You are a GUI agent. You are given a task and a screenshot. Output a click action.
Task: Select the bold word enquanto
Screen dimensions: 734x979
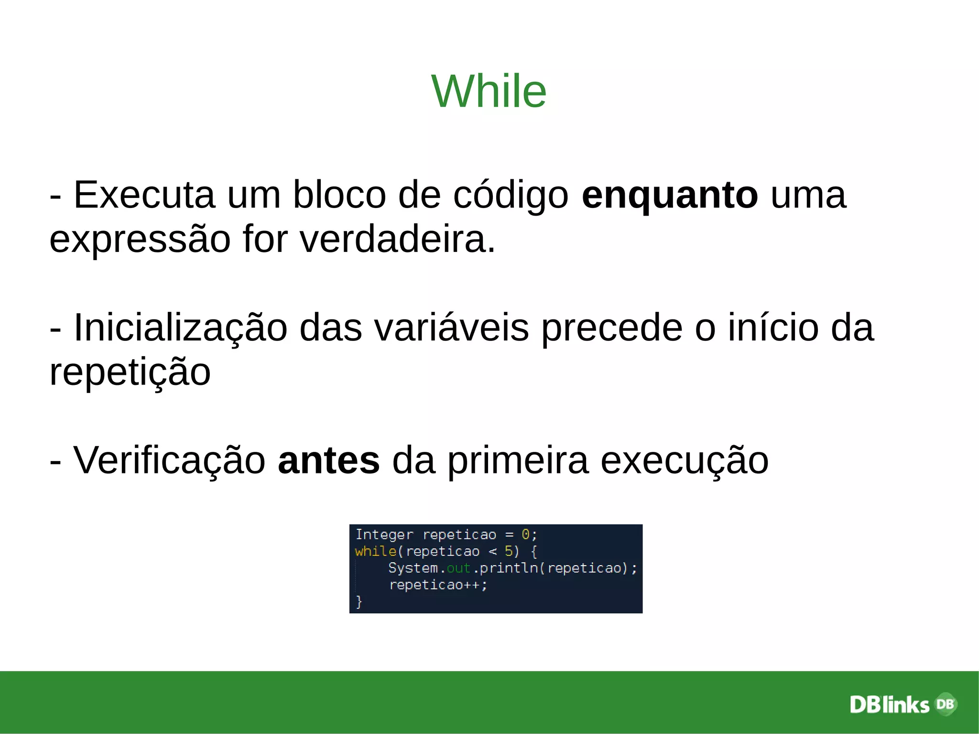tap(669, 196)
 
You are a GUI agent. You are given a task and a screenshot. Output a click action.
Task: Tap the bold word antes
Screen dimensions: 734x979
tap(328, 460)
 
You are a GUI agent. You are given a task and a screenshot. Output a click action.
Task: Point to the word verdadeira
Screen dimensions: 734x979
tap(397, 239)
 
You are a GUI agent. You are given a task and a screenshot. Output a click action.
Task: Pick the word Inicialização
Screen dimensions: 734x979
tap(180, 328)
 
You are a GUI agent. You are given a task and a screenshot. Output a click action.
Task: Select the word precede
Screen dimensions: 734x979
tap(612, 328)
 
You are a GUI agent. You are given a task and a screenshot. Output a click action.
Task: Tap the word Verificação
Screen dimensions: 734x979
tap(169, 460)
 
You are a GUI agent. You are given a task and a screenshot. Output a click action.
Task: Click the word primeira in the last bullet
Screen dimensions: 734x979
tap(517, 460)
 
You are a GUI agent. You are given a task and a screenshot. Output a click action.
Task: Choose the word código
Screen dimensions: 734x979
tap(511, 196)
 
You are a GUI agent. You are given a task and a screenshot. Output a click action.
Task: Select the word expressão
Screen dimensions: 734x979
tap(140, 240)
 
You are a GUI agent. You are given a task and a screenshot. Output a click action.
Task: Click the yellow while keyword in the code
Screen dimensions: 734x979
tap(375, 551)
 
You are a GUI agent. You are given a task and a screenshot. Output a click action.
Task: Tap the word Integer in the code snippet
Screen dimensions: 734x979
tap(384, 535)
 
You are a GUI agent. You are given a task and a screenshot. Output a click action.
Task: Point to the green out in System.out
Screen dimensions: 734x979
tap(458, 568)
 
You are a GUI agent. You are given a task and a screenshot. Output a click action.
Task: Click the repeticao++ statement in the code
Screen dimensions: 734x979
tap(438, 585)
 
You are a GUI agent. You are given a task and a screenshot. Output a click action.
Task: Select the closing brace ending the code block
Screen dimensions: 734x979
tap(359, 602)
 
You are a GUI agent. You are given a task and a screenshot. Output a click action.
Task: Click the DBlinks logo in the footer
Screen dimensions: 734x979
tap(903, 704)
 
